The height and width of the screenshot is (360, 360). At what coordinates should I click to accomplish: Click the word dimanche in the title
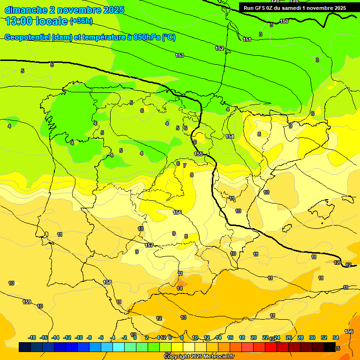click(x=25, y=10)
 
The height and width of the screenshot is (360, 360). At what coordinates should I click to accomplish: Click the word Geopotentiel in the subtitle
click(x=27, y=37)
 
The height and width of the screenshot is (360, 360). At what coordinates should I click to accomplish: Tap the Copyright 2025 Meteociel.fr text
click(x=199, y=357)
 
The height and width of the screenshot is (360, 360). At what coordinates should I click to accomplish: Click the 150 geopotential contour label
click(x=284, y=21)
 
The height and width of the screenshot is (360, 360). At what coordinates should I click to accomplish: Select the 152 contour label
click(x=219, y=48)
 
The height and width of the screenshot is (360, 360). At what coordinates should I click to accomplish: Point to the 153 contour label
click(x=180, y=56)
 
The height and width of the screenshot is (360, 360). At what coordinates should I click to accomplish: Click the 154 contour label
click(x=230, y=136)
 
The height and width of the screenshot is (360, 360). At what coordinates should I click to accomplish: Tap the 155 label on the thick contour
click(x=198, y=154)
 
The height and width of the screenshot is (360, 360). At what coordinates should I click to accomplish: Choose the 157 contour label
click(x=149, y=245)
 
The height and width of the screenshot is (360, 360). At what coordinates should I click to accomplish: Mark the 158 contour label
click(x=107, y=282)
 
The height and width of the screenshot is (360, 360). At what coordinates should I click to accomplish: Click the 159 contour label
click(x=27, y=302)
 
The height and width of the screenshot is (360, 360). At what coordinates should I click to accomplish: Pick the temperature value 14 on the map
click(x=180, y=288)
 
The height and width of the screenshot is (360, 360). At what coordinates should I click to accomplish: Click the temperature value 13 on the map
click(x=183, y=317)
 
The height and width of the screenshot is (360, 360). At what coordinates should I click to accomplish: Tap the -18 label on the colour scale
click(x=32, y=337)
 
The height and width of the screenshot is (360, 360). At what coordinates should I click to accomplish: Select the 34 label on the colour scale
click(x=336, y=337)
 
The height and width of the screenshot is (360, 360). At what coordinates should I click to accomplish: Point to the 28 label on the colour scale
click(x=300, y=337)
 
